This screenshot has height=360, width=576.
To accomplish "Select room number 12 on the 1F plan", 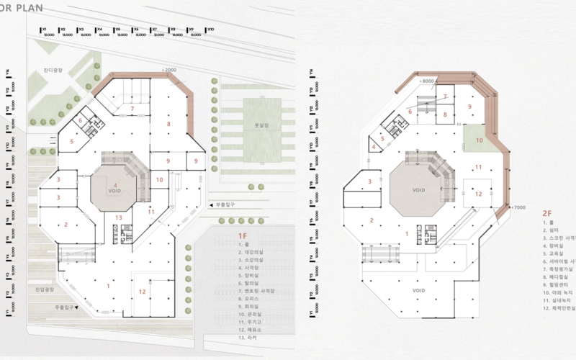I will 143,292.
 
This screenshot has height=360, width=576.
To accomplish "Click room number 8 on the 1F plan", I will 168,125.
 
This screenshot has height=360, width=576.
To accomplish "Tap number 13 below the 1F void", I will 119,217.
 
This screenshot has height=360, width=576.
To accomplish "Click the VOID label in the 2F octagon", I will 421,190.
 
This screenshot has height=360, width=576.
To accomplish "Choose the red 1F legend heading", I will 243,235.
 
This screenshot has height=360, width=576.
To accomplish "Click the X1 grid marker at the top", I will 44,29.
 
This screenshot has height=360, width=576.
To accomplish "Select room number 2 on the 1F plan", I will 66,225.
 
